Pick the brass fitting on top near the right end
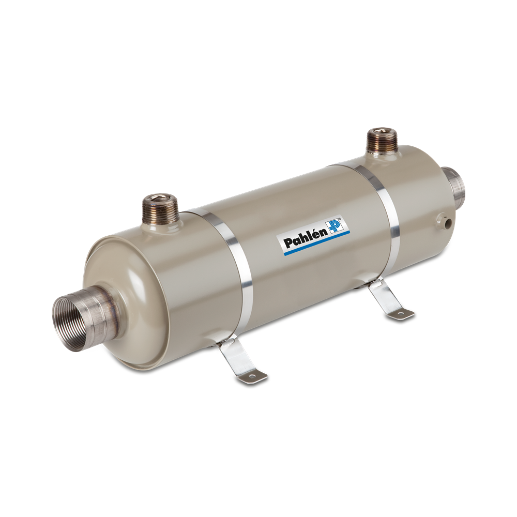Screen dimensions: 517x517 click(x=382, y=142)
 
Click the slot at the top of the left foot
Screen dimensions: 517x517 click(x=225, y=343)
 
